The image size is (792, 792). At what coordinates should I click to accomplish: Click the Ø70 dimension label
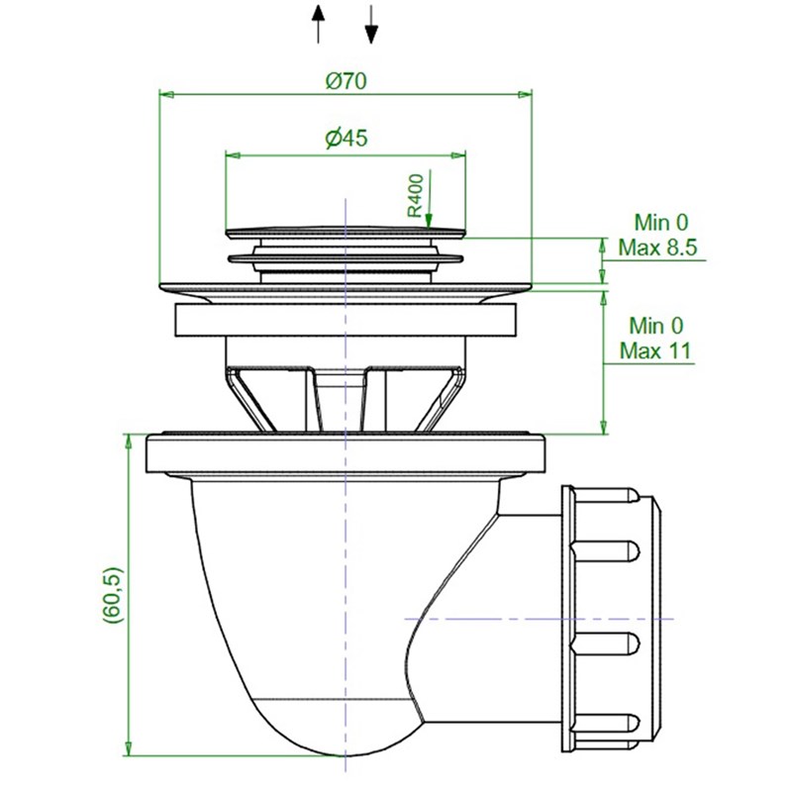tap(346, 81)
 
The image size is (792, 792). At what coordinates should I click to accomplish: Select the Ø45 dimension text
tap(346, 139)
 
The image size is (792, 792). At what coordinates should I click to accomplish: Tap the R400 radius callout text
tap(415, 195)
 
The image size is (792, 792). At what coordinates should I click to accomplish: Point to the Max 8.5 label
tap(657, 248)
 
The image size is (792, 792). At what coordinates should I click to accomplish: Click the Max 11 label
tap(655, 350)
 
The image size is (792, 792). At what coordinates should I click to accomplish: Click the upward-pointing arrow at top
tap(318, 24)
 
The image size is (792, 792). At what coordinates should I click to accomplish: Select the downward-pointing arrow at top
tap(371, 24)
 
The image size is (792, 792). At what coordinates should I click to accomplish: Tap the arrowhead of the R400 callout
tap(429, 221)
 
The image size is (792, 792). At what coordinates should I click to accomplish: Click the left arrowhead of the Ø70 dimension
tap(166, 94)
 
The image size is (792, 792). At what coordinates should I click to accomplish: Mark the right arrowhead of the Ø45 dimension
tap(458, 155)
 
